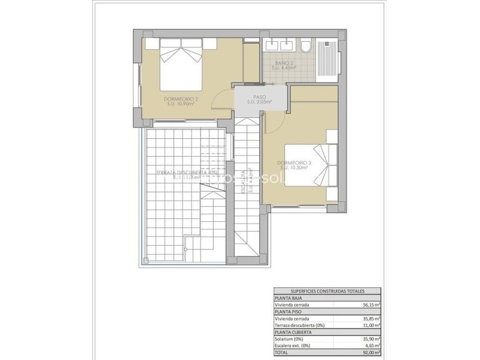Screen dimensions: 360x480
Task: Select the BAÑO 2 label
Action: click(x=279, y=63)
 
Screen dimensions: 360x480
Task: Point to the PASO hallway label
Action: click(x=259, y=97)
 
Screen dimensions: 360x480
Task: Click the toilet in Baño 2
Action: click(x=306, y=47)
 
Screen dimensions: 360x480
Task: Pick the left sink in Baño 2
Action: click(x=273, y=45)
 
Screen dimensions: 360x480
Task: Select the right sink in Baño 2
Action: click(x=288, y=45)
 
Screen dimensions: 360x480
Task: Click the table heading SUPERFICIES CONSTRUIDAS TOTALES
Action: click(x=328, y=291)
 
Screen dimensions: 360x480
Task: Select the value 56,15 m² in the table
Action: click(x=372, y=305)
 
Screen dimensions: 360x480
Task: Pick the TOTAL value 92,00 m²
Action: click(x=372, y=352)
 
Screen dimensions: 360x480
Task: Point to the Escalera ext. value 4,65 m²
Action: click(x=373, y=346)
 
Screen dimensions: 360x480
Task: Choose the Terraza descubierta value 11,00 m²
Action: click(x=372, y=325)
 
